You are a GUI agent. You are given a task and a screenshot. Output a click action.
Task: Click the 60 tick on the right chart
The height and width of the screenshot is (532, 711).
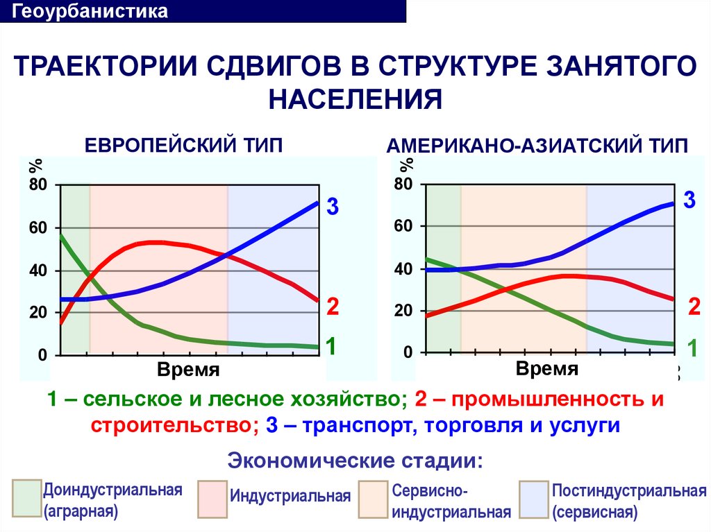(x=403, y=226)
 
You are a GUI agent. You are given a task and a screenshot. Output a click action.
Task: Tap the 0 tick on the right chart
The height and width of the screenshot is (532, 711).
(x=408, y=353)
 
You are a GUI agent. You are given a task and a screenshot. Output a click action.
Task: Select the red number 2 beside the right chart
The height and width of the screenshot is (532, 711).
(x=694, y=306)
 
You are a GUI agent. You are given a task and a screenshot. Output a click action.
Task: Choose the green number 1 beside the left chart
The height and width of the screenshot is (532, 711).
(x=332, y=346)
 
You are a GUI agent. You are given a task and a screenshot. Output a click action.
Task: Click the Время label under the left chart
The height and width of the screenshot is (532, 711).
(x=188, y=370)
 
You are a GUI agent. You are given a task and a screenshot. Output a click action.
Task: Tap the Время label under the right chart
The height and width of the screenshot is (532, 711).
(x=547, y=368)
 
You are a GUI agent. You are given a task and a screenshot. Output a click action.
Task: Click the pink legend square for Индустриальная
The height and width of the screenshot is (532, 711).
(x=212, y=499)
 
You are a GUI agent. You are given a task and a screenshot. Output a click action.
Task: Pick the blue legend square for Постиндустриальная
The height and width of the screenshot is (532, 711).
(x=533, y=499)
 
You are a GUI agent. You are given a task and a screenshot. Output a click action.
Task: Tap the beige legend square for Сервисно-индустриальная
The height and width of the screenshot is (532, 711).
(x=374, y=499)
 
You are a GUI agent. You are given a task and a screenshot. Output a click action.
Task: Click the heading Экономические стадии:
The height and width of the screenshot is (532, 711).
(x=355, y=461)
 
